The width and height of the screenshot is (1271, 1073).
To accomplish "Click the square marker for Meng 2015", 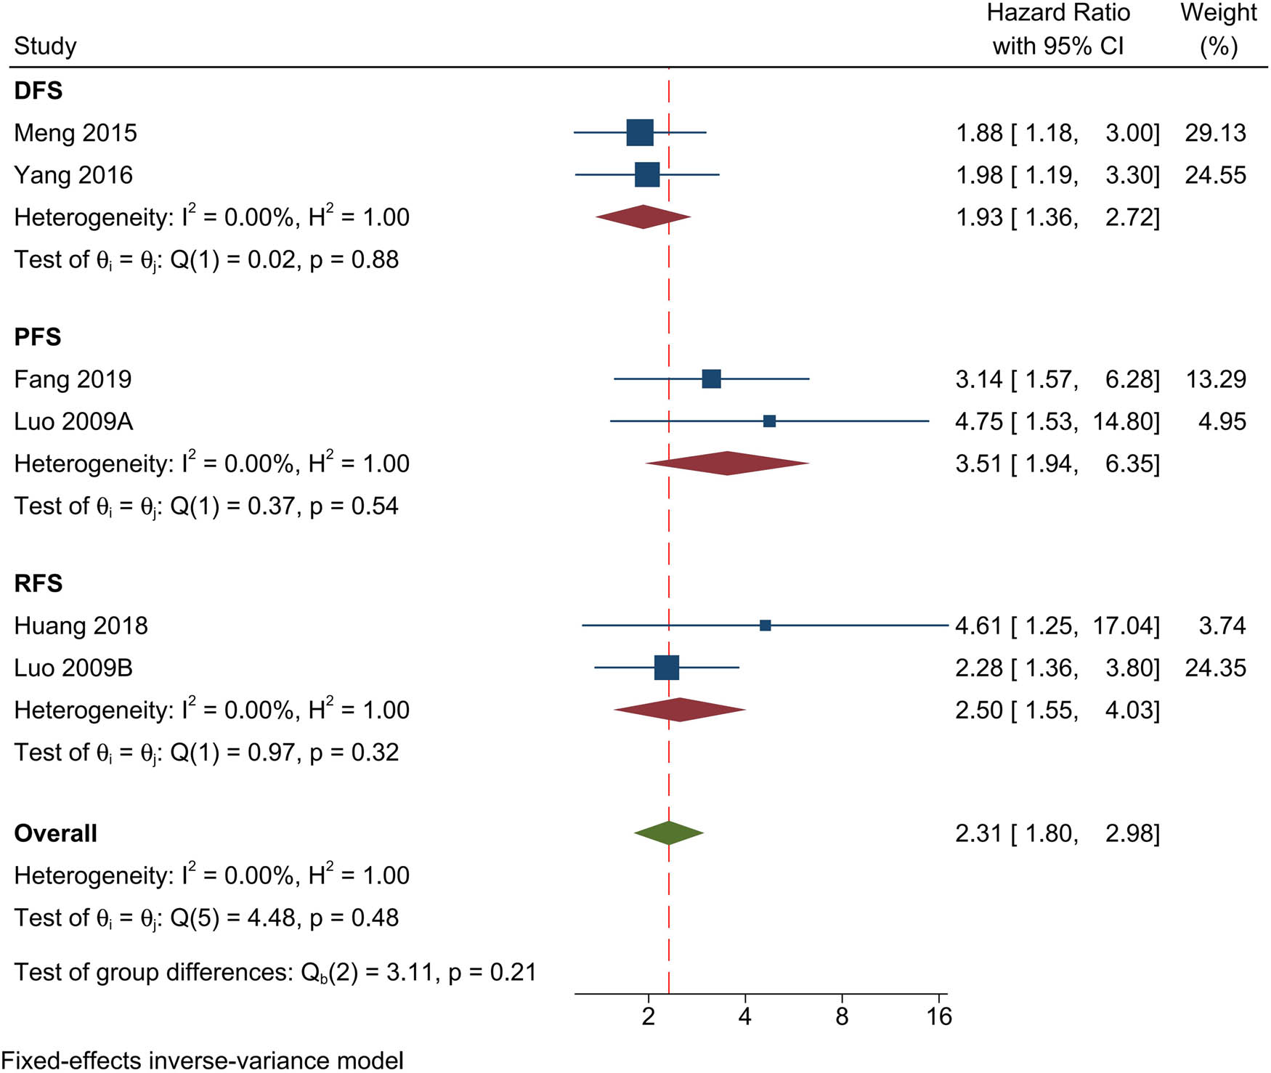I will pos(640,132).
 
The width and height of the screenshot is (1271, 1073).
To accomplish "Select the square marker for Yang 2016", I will pos(647,175).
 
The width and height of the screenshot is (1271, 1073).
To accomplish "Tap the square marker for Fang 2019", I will pos(712,378).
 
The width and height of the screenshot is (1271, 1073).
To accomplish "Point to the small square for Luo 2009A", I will pos(770,421).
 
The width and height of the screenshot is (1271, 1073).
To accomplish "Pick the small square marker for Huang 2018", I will pos(766,625).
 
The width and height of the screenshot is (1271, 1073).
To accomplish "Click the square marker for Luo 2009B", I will pos(667,668).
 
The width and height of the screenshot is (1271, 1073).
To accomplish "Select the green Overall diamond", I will pos(669,833).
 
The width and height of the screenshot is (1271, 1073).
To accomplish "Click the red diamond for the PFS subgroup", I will pos(727,463).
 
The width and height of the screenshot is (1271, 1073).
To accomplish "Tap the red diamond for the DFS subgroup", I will pos(643,216).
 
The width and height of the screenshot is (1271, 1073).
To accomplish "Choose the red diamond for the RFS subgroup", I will pos(680,710).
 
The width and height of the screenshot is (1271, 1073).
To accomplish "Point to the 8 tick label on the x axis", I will pos(842,1016).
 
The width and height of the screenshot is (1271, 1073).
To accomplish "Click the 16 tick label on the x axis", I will pos(939,1016).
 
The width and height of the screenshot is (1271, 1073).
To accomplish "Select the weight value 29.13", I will pos(1215,133).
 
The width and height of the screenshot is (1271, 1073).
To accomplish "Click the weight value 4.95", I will pos(1222,421).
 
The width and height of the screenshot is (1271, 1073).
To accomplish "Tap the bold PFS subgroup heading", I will pos(38,337).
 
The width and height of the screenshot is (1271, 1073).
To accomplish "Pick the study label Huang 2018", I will pos(81,625).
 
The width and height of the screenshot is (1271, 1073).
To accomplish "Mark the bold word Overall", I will pos(55,833).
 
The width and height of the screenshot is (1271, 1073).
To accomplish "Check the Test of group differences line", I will pos(275,972).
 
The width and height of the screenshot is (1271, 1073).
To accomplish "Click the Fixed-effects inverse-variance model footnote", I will pos(203,1060).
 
